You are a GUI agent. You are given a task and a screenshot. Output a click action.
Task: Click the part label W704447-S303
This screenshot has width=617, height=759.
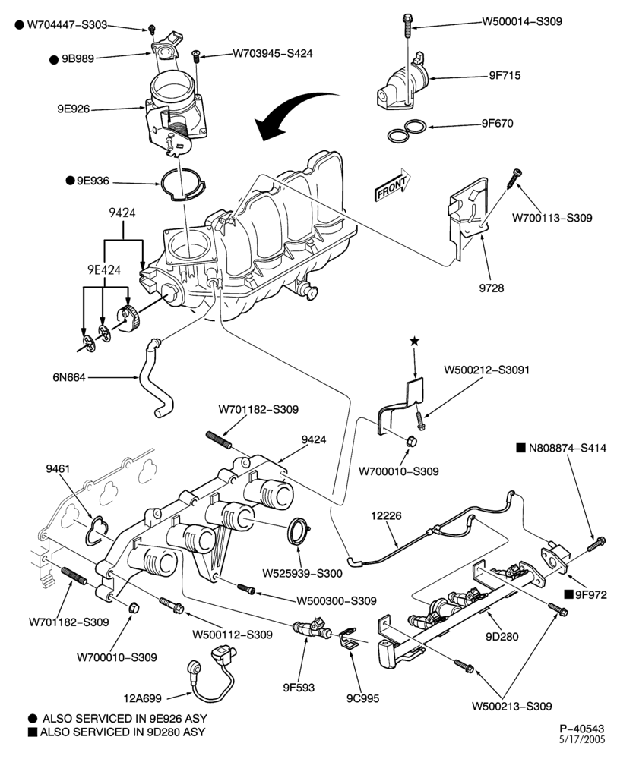click(67, 25)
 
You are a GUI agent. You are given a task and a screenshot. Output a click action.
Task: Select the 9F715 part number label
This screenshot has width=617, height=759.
click(505, 75)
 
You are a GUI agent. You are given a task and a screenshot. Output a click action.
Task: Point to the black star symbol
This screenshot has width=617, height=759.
click(414, 342)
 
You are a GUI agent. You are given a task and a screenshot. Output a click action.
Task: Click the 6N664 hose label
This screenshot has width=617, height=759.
click(69, 376)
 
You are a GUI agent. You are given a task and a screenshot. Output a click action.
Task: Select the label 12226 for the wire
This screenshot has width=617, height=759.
click(386, 515)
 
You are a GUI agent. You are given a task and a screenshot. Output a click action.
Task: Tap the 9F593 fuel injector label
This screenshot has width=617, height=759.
click(299, 687)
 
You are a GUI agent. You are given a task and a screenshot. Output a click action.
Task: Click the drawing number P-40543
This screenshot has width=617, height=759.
click(582, 729)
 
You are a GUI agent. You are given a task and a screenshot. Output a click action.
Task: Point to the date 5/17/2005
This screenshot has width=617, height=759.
click(583, 739)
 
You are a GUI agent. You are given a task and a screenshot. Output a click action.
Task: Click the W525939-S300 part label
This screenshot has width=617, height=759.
click(302, 573)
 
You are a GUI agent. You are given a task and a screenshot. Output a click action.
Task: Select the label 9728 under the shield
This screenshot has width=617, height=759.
click(492, 288)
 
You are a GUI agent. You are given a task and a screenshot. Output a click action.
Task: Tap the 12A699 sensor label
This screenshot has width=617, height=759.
click(142, 698)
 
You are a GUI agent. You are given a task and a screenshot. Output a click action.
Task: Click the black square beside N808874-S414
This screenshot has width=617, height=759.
click(520, 448)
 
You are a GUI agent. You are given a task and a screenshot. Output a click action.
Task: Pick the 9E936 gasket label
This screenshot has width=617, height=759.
click(93, 181)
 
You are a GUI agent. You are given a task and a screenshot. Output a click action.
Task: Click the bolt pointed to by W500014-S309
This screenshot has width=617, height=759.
click(407, 25)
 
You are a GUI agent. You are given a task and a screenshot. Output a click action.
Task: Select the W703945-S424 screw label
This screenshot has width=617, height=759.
click(273, 53)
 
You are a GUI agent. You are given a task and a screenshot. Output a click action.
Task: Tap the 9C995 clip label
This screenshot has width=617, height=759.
click(363, 698)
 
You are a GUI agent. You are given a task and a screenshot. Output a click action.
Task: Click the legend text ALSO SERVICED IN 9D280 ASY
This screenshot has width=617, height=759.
click(122, 732)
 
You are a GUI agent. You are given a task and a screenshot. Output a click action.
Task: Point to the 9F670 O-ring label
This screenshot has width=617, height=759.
click(497, 123)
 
